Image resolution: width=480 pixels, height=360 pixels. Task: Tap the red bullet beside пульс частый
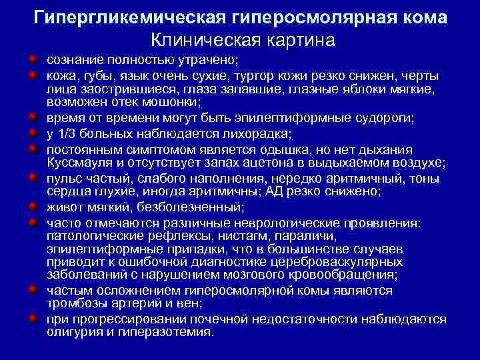pyautogui.click(x=33, y=178)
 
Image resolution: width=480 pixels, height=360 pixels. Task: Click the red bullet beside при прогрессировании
pyautogui.click(x=33, y=317)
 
